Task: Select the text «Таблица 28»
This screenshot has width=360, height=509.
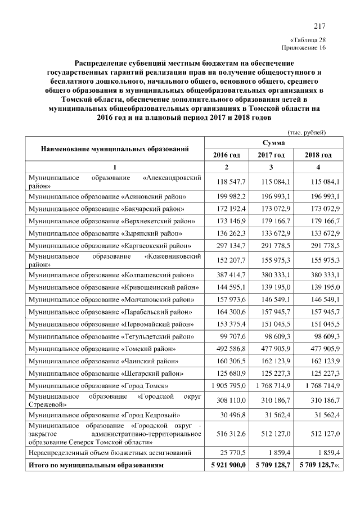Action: click(308, 40)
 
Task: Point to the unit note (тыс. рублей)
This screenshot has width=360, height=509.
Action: click(307, 132)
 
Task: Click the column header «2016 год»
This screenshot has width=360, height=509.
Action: click(226, 155)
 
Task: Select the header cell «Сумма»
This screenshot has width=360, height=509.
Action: click(272, 143)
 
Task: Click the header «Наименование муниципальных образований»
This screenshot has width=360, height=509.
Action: click(114, 148)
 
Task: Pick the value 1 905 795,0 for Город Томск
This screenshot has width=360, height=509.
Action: click(226, 386)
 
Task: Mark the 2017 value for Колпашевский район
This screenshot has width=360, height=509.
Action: click(274, 275)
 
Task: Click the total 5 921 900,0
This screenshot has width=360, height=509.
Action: click(226, 466)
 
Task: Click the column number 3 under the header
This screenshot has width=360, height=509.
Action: click(272, 167)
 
